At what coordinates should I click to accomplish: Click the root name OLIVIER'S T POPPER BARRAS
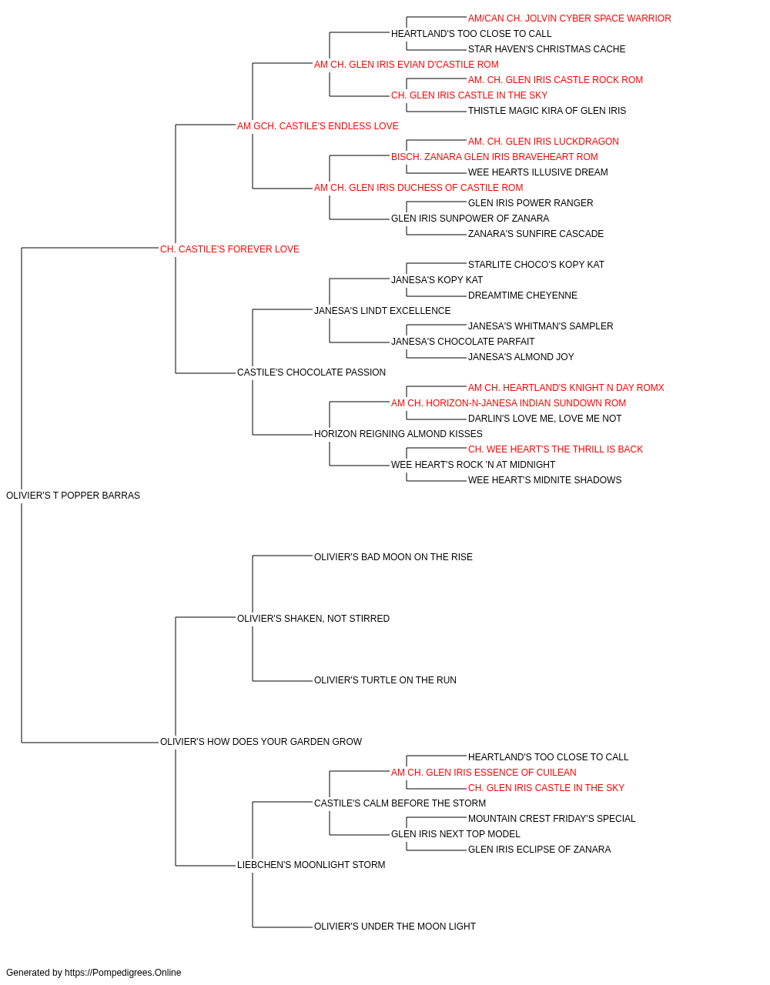coord(73,496)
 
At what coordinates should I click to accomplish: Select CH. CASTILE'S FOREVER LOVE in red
coord(229,249)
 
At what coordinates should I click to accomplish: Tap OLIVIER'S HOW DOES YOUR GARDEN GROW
coord(261,742)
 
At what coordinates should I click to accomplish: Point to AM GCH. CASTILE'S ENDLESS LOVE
coord(317,126)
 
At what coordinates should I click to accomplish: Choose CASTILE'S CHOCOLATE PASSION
coord(311,372)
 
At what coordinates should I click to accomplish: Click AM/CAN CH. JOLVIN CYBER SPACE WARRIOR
coord(569,18)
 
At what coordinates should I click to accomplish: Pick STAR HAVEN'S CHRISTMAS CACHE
coord(547,49)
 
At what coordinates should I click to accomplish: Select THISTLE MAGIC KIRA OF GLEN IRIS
coord(547,111)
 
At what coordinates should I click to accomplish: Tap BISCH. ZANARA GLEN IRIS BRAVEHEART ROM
coord(494,157)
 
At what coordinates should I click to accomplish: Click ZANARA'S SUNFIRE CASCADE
coord(536,234)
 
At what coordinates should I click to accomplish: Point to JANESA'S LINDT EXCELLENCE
coord(382,310)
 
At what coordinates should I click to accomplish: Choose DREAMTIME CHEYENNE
coord(522,295)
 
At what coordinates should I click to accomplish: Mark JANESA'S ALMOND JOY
coord(521,357)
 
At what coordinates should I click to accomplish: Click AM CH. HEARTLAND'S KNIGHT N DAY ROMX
coord(566,388)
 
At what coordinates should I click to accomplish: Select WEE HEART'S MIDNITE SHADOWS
coord(544,480)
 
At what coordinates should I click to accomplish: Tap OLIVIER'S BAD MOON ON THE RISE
coord(393,557)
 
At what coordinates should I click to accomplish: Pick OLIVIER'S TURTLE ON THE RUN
coord(385,680)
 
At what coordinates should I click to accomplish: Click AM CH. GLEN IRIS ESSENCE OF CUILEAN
coord(484,773)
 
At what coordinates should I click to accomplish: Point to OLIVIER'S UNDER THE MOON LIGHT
coord(394,927)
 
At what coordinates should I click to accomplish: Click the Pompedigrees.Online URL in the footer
coord(123,973)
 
